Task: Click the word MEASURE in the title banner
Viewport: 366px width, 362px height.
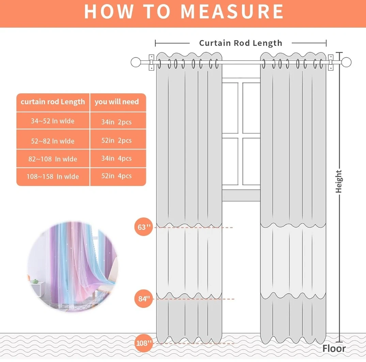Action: [x=232, y=11]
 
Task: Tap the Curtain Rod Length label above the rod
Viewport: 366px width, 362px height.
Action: [x=241, y=43]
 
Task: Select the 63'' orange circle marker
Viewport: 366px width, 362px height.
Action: [x=143, y=227]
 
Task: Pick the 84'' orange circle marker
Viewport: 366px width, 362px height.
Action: [x=143, y=299]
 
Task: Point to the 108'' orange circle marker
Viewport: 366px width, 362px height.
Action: [x=143, y=343]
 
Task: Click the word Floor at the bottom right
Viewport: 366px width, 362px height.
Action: [x=334, y=348]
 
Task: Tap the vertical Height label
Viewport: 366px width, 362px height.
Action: [x=339, y=182]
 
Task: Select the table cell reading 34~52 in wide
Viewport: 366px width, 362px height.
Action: [x=53, y=121]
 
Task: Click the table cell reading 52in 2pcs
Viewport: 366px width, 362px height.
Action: [x=118, y=140]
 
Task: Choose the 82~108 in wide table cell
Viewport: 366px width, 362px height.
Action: [x=53, y=159]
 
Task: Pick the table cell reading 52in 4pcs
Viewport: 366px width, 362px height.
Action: [x=118, y=176]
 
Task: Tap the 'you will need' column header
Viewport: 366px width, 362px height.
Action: [x=118, y=102]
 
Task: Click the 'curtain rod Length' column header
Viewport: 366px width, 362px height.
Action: [x=53, y=102]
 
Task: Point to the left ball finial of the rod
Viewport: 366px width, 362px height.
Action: [x=136, y=62]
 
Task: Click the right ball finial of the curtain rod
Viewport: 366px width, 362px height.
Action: [x=346, y=62]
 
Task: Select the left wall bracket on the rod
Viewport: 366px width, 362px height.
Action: [x=152, y=62]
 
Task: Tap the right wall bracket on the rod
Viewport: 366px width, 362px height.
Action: [x=331, y=62]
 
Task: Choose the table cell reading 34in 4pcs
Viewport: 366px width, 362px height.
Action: [x=118, y=158]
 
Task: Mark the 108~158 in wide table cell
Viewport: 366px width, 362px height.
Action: [x=53, y=176]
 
